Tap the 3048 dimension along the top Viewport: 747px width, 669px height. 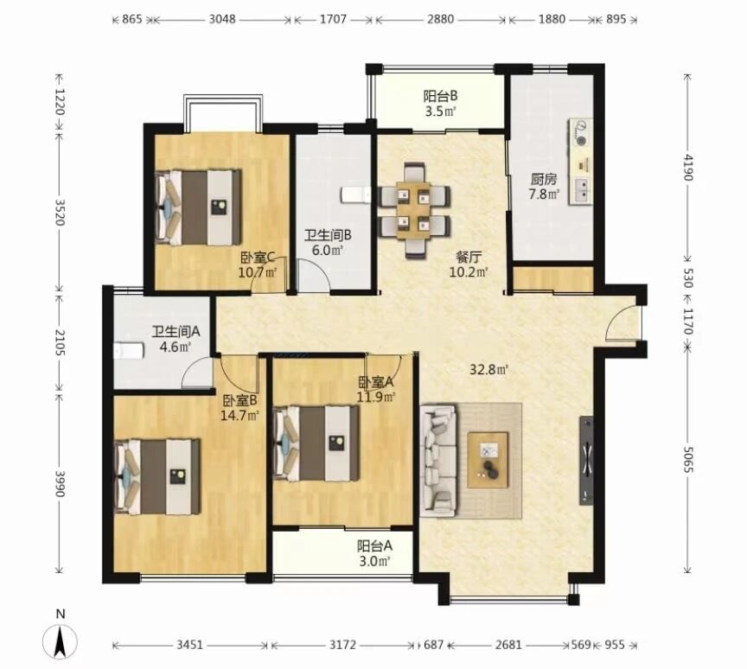[222, 19]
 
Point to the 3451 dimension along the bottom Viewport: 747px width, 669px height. [190, 645]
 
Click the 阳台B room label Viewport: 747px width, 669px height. [441, 96]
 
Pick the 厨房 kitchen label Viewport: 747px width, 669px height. [544, 180]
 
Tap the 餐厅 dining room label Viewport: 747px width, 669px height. [469, 257]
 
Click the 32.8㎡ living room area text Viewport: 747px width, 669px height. [489, 369]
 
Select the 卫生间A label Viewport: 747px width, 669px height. [176, 331]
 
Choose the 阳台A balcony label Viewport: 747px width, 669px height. [374, 545]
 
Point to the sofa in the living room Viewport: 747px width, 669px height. [438, 460]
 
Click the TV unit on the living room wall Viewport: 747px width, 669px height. [586, 461]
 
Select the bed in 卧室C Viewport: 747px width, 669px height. [198, 207]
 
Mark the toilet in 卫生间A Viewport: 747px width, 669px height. [129, 350]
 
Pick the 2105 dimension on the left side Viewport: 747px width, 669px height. [60, 342]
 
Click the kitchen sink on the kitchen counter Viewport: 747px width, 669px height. [582, 189]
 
